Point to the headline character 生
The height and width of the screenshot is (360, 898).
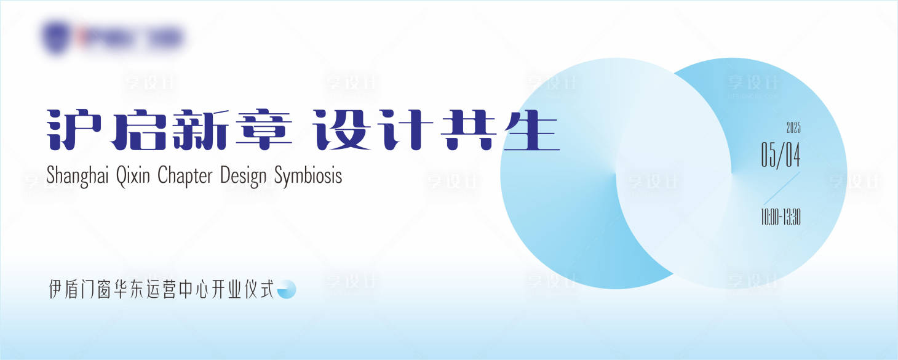[530, 130]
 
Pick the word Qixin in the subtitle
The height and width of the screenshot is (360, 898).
[133, 176]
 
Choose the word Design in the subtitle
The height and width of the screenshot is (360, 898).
[243, 176]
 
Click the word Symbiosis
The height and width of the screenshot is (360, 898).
[308, 176]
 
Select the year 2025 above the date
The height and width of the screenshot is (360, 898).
[793, 129]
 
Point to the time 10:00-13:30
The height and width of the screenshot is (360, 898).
[781, 217]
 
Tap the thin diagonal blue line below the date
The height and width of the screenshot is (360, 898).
[782, 188]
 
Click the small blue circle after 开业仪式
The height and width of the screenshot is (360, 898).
[287, 289]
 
